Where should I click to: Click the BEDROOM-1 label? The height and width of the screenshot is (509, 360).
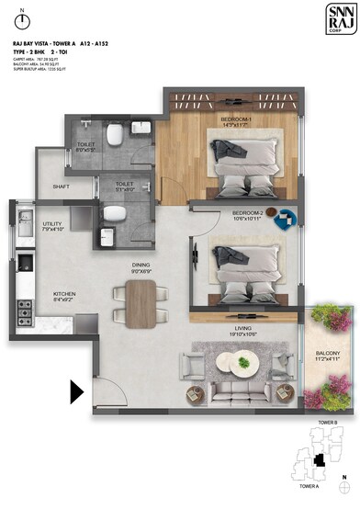238,120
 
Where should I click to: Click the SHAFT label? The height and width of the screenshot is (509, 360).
62,187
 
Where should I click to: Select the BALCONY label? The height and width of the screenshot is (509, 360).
328,354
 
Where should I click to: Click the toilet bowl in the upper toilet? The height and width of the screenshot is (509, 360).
115,136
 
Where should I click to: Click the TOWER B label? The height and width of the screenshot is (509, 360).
330,424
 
